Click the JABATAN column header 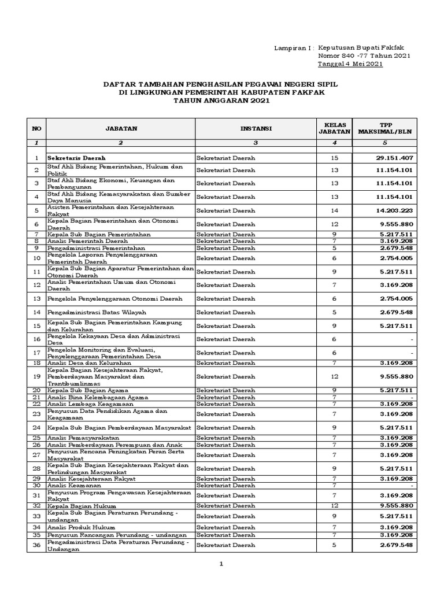tap(120, 129)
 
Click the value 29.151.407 tap(393, 158)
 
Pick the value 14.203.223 tap(393, 211)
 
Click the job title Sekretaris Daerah tap(77, 158)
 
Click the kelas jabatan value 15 tap(334, 158)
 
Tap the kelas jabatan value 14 tap(334, 211)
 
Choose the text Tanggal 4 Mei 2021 tap(350, 64)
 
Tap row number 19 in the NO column tap(36, 376)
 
